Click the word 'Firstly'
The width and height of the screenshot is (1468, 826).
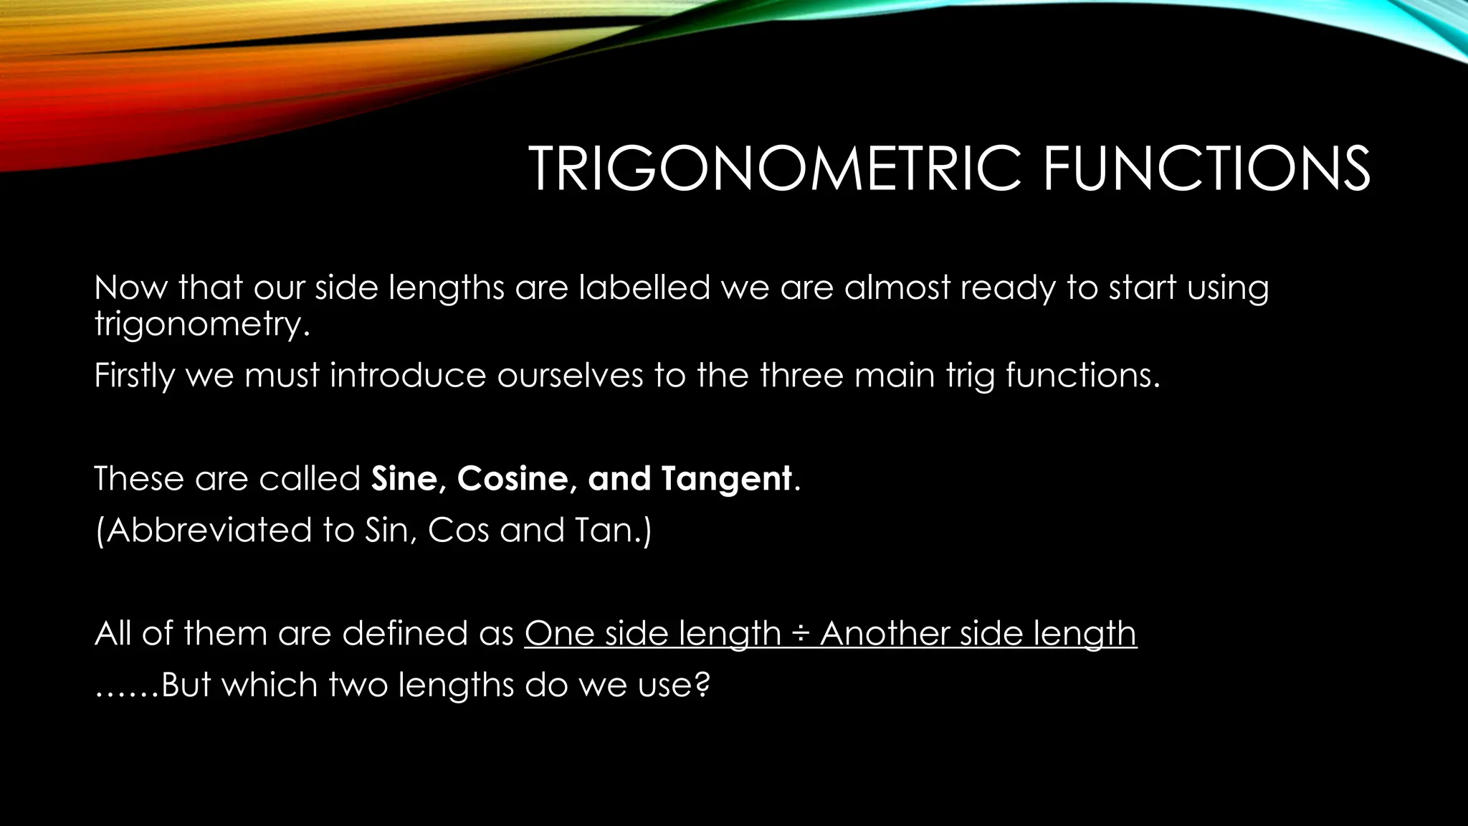[134, 376]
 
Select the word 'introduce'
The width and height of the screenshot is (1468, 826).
[407, 376]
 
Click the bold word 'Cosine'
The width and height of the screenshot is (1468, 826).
[513, 478]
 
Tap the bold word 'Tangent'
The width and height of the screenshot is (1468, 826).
[726, 478]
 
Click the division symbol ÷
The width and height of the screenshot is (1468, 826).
[800, 635]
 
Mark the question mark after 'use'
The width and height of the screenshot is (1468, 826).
[702, 685]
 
